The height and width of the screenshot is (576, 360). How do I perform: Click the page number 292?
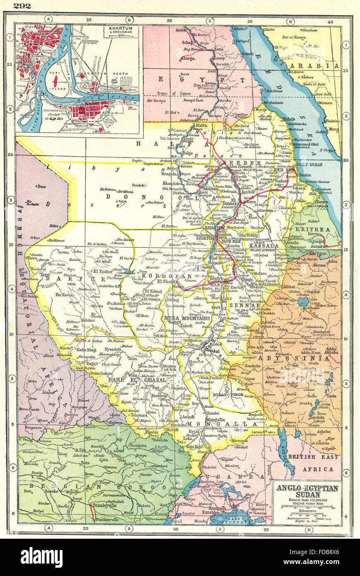pos(22,6)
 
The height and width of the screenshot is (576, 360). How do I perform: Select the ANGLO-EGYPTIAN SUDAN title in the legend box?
pos(307,491)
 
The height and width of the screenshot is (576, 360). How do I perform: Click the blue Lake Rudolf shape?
pos(287,450)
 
